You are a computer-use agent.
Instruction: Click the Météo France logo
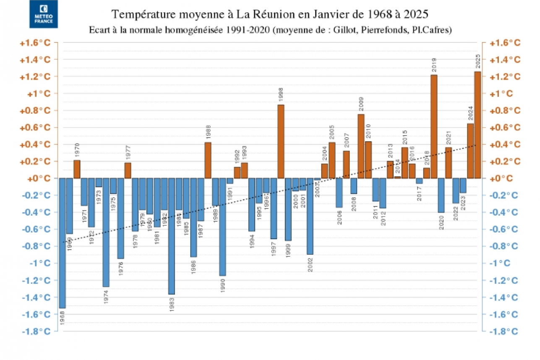44,14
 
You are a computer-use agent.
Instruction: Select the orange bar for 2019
434,126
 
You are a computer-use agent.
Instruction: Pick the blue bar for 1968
62,243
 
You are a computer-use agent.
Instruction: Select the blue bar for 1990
222,227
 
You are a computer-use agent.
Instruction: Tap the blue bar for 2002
310,216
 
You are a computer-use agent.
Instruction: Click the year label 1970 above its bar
77,150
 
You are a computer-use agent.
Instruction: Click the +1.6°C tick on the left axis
35,43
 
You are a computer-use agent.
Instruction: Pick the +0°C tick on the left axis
39,178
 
